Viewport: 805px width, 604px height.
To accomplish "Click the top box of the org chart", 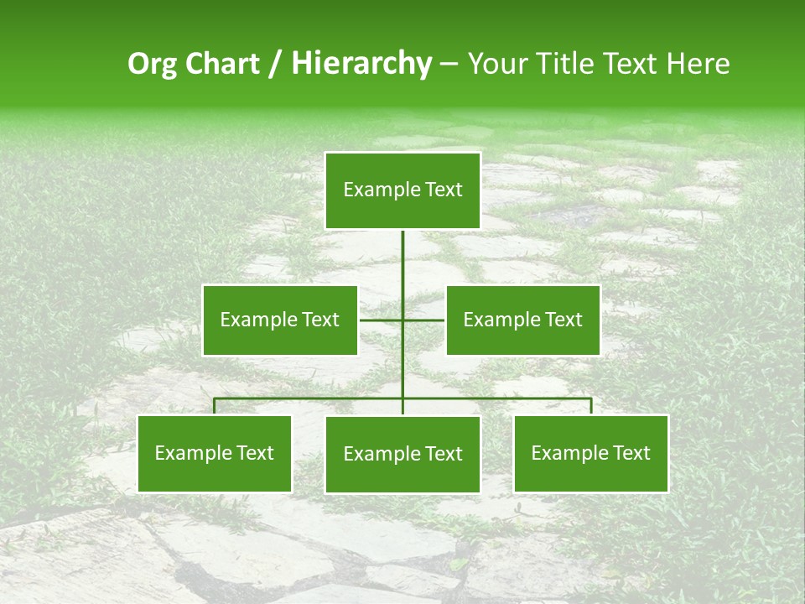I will (x=402, y=190).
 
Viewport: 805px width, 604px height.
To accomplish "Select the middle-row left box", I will (x=280, y=320).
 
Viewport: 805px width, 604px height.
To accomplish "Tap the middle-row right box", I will (x=523, y=320).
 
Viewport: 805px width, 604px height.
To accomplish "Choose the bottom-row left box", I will (x=215, y=454).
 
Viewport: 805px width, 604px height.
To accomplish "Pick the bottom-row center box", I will (x=402, y=454).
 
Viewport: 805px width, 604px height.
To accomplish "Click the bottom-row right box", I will (x=591, y=454).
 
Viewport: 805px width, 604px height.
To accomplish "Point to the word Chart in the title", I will (x=218, y=64).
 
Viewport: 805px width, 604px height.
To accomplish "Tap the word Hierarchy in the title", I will (x=361, y=64).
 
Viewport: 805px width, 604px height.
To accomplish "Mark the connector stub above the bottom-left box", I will (x=215, y=406).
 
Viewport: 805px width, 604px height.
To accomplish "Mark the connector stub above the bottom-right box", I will (x=591, y=406).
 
